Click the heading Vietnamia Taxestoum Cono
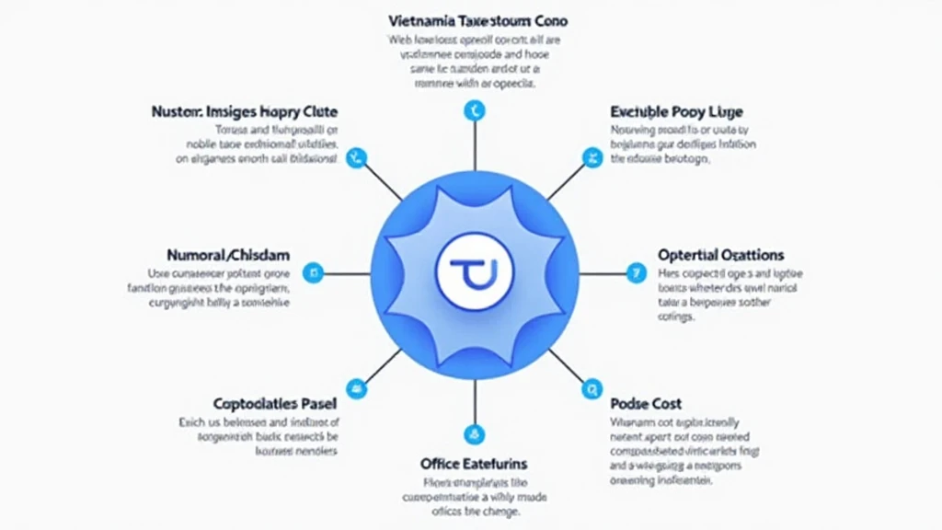pyautogui.click(x=477, y=20)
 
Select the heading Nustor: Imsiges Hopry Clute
pyautogui.click(x=245, y=111)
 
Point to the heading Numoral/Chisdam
pyautogui.click(x=228, y=254)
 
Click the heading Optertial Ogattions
pyautogui.click(x=720, y=254)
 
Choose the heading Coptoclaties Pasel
pyautogui.click(x=274, y=403)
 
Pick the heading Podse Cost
pyautogui.click(x=645, y=403)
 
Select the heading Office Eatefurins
pyautogui.click(x=474, y=463)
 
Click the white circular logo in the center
pyautogui.click(x=474, y=272)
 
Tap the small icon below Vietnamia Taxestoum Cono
pyautogui.click(x=475, y=111)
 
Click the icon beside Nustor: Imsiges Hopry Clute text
pyautogui.click(x=356, y=157)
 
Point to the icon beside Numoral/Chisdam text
pyautogui.click(x=314, y=273)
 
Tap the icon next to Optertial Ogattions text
pyautogui.click(x=634, y=272)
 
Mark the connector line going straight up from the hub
pyautogui.click(x=475, y=147)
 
